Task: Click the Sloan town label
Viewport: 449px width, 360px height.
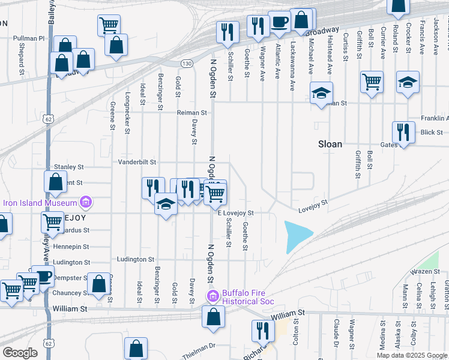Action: (330, 144)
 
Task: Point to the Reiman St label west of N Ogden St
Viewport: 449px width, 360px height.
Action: (191, 112)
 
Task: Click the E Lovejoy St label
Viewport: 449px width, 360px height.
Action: (236, 213)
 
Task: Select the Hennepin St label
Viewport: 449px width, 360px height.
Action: (71, 247)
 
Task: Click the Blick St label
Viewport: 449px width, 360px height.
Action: (432, 132)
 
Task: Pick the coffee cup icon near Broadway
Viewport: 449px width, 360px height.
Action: (280, 22)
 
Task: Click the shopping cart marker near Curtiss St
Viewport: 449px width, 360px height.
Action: (372, 82)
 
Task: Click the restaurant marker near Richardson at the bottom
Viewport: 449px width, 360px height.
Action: (262, 331)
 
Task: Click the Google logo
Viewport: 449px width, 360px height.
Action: (20, 353)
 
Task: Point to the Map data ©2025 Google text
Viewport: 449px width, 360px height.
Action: (412, 355)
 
